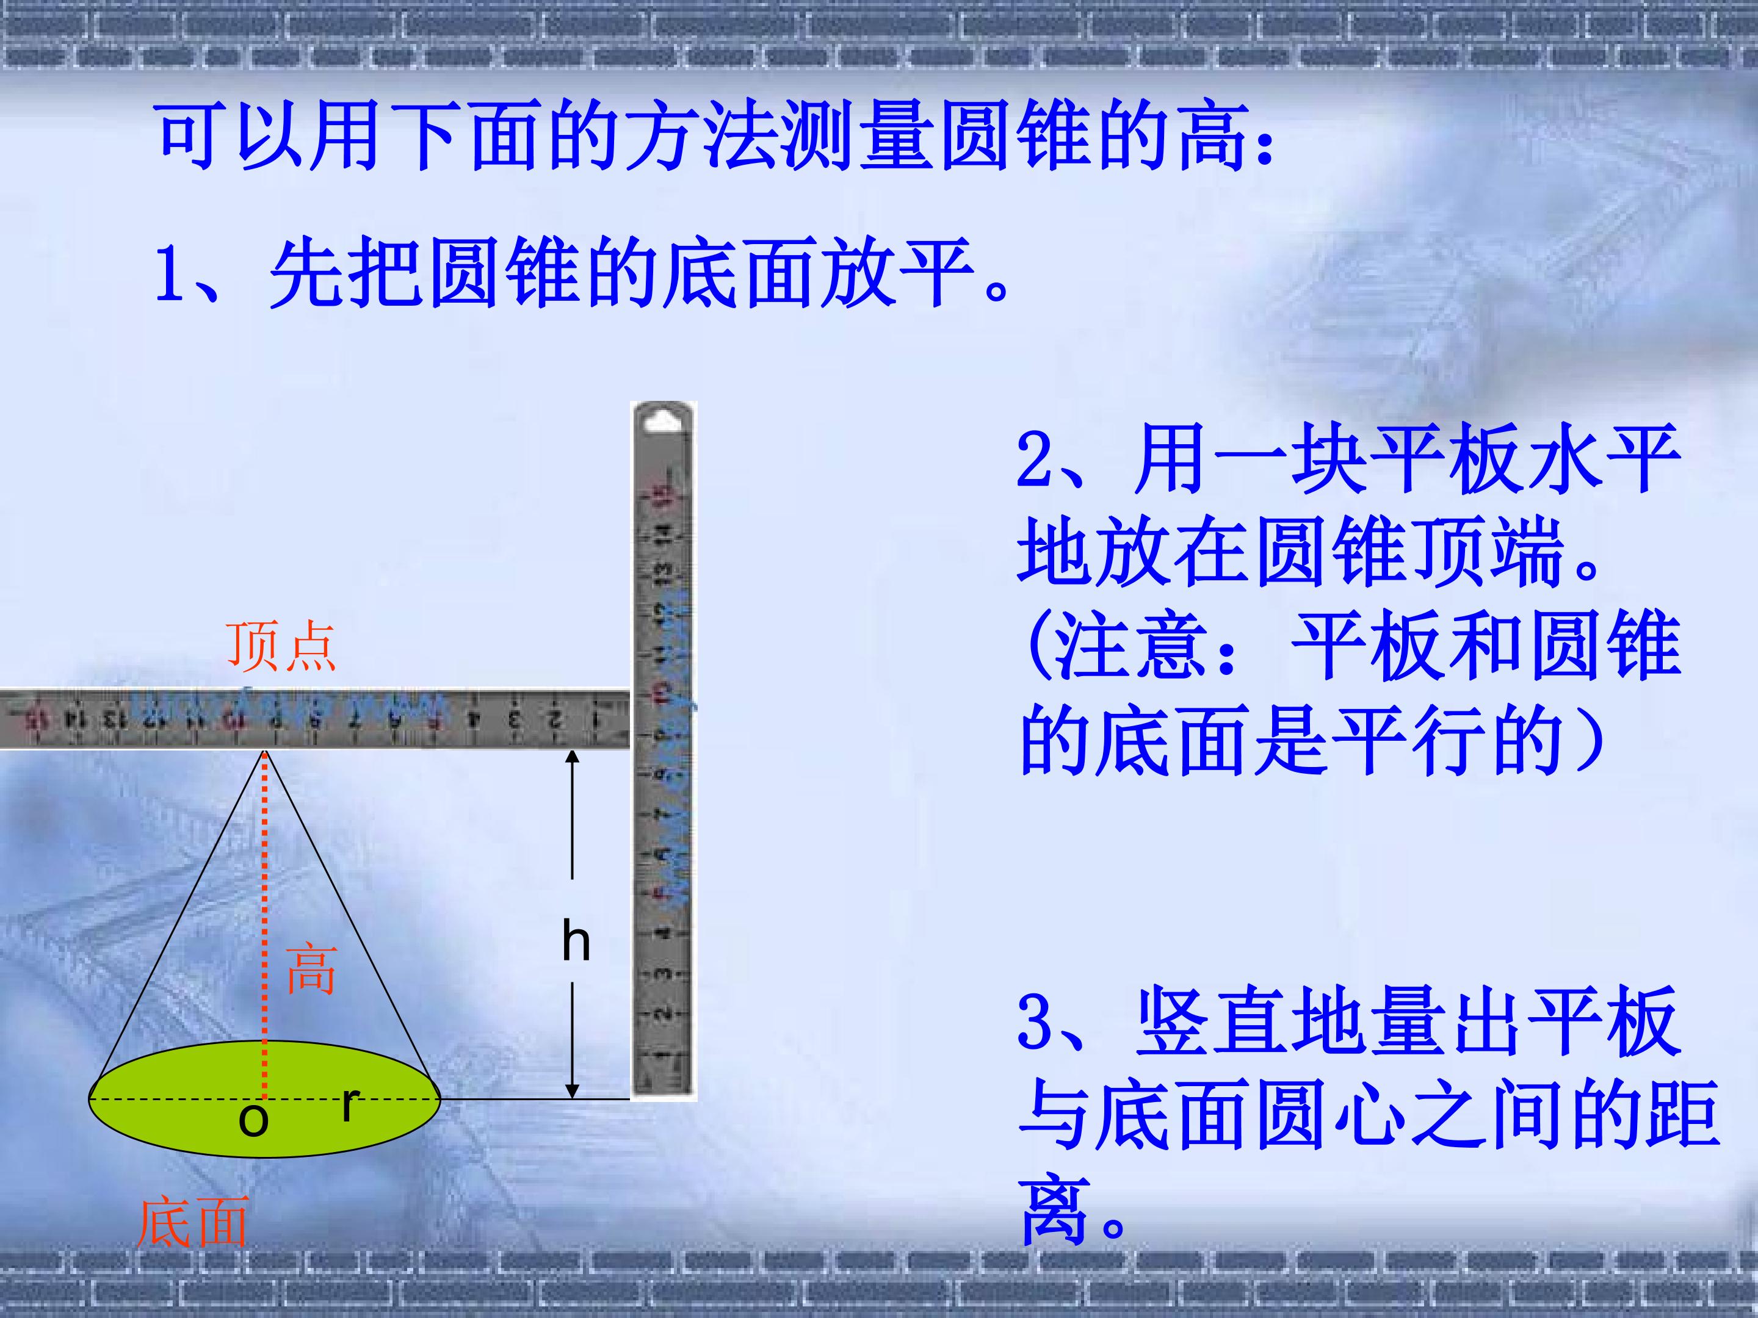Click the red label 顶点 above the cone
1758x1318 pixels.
[x=281, y=646]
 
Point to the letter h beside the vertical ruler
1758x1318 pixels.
[x=576, y=942]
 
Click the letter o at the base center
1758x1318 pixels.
[x=253, y=1120]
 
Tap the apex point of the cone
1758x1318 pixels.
[x=265, y=752]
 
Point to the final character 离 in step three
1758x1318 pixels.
[x=1054, y=1209]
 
